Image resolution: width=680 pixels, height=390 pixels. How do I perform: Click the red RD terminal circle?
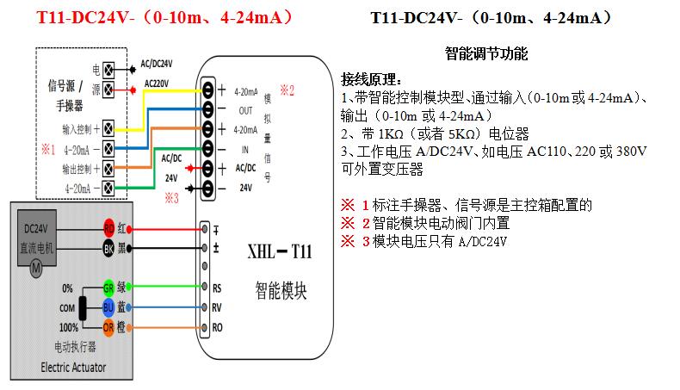[108, 229]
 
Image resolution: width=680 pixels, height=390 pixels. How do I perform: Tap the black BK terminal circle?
[108, 248]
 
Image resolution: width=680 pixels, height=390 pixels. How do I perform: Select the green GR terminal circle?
[108, 288]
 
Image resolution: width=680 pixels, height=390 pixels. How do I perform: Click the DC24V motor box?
[37, 238]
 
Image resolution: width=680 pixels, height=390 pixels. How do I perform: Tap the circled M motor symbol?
[36, 267]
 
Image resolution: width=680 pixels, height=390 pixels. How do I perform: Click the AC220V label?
[157, 84]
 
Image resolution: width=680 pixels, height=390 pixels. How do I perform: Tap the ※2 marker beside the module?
[286, 89]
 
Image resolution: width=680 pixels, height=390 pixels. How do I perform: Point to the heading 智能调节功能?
[486, 53]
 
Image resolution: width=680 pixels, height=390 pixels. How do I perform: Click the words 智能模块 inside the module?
[281, 289]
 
